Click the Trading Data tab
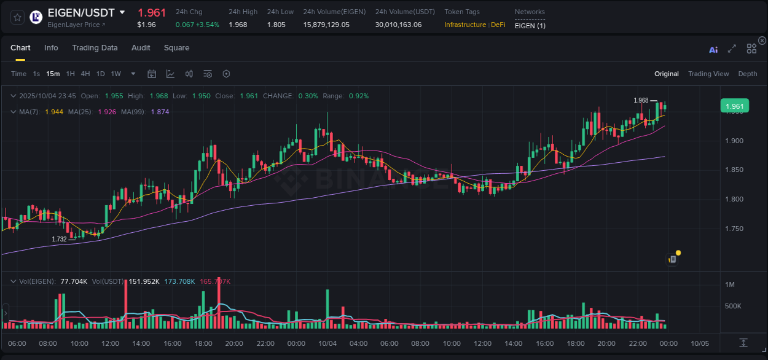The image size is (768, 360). click(x=95, y=48)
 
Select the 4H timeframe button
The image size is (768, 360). click(x=85, y=74)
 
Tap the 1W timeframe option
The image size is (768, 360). click(x=116, y=74)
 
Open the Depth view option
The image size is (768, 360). click(x=748, y=74)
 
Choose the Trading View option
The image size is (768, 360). click(x=708, y=74)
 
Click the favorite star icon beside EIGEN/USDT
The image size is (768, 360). click(x=18, y=17)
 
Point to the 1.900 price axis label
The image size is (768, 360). click(x=735, y=141)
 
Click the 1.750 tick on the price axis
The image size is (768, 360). click(x=735, y=229)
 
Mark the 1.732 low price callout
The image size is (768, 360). click(x=59, y=239)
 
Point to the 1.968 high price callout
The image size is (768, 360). click(x=641, y=100)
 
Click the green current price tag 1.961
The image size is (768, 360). click(x=734, y=106)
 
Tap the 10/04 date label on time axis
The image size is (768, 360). click(x=327, y=343)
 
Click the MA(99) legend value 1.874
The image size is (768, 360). click(x=160, y=112)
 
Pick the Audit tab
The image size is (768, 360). click(x=141, y=48)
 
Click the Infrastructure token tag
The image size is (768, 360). click(x=465, y=25)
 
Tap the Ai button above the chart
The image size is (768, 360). click(x=713, y=50)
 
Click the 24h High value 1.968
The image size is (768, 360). click(x=238, y=25)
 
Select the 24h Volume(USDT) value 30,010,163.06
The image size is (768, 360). click(x=398, y=25)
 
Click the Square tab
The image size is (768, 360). click(x=176, y=48)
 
